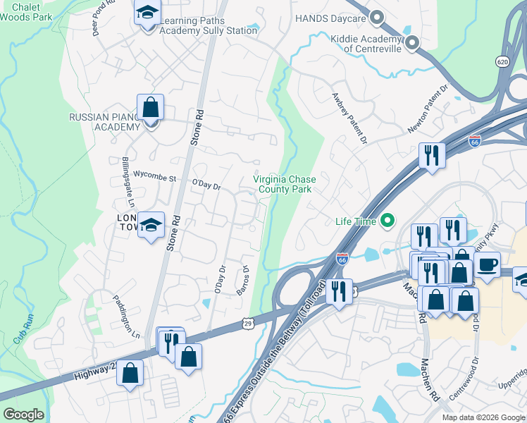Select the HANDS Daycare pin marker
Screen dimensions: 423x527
(377, 18)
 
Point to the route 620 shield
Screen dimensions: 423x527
(502, 62)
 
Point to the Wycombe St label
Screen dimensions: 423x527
(154, 178)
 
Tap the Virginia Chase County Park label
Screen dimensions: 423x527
(285, 184)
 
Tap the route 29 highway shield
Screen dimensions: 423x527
(247, 323)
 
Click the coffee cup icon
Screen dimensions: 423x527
(488, 265)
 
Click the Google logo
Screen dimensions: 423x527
(23, 415)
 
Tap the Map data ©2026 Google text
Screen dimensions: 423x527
(483, 417)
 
